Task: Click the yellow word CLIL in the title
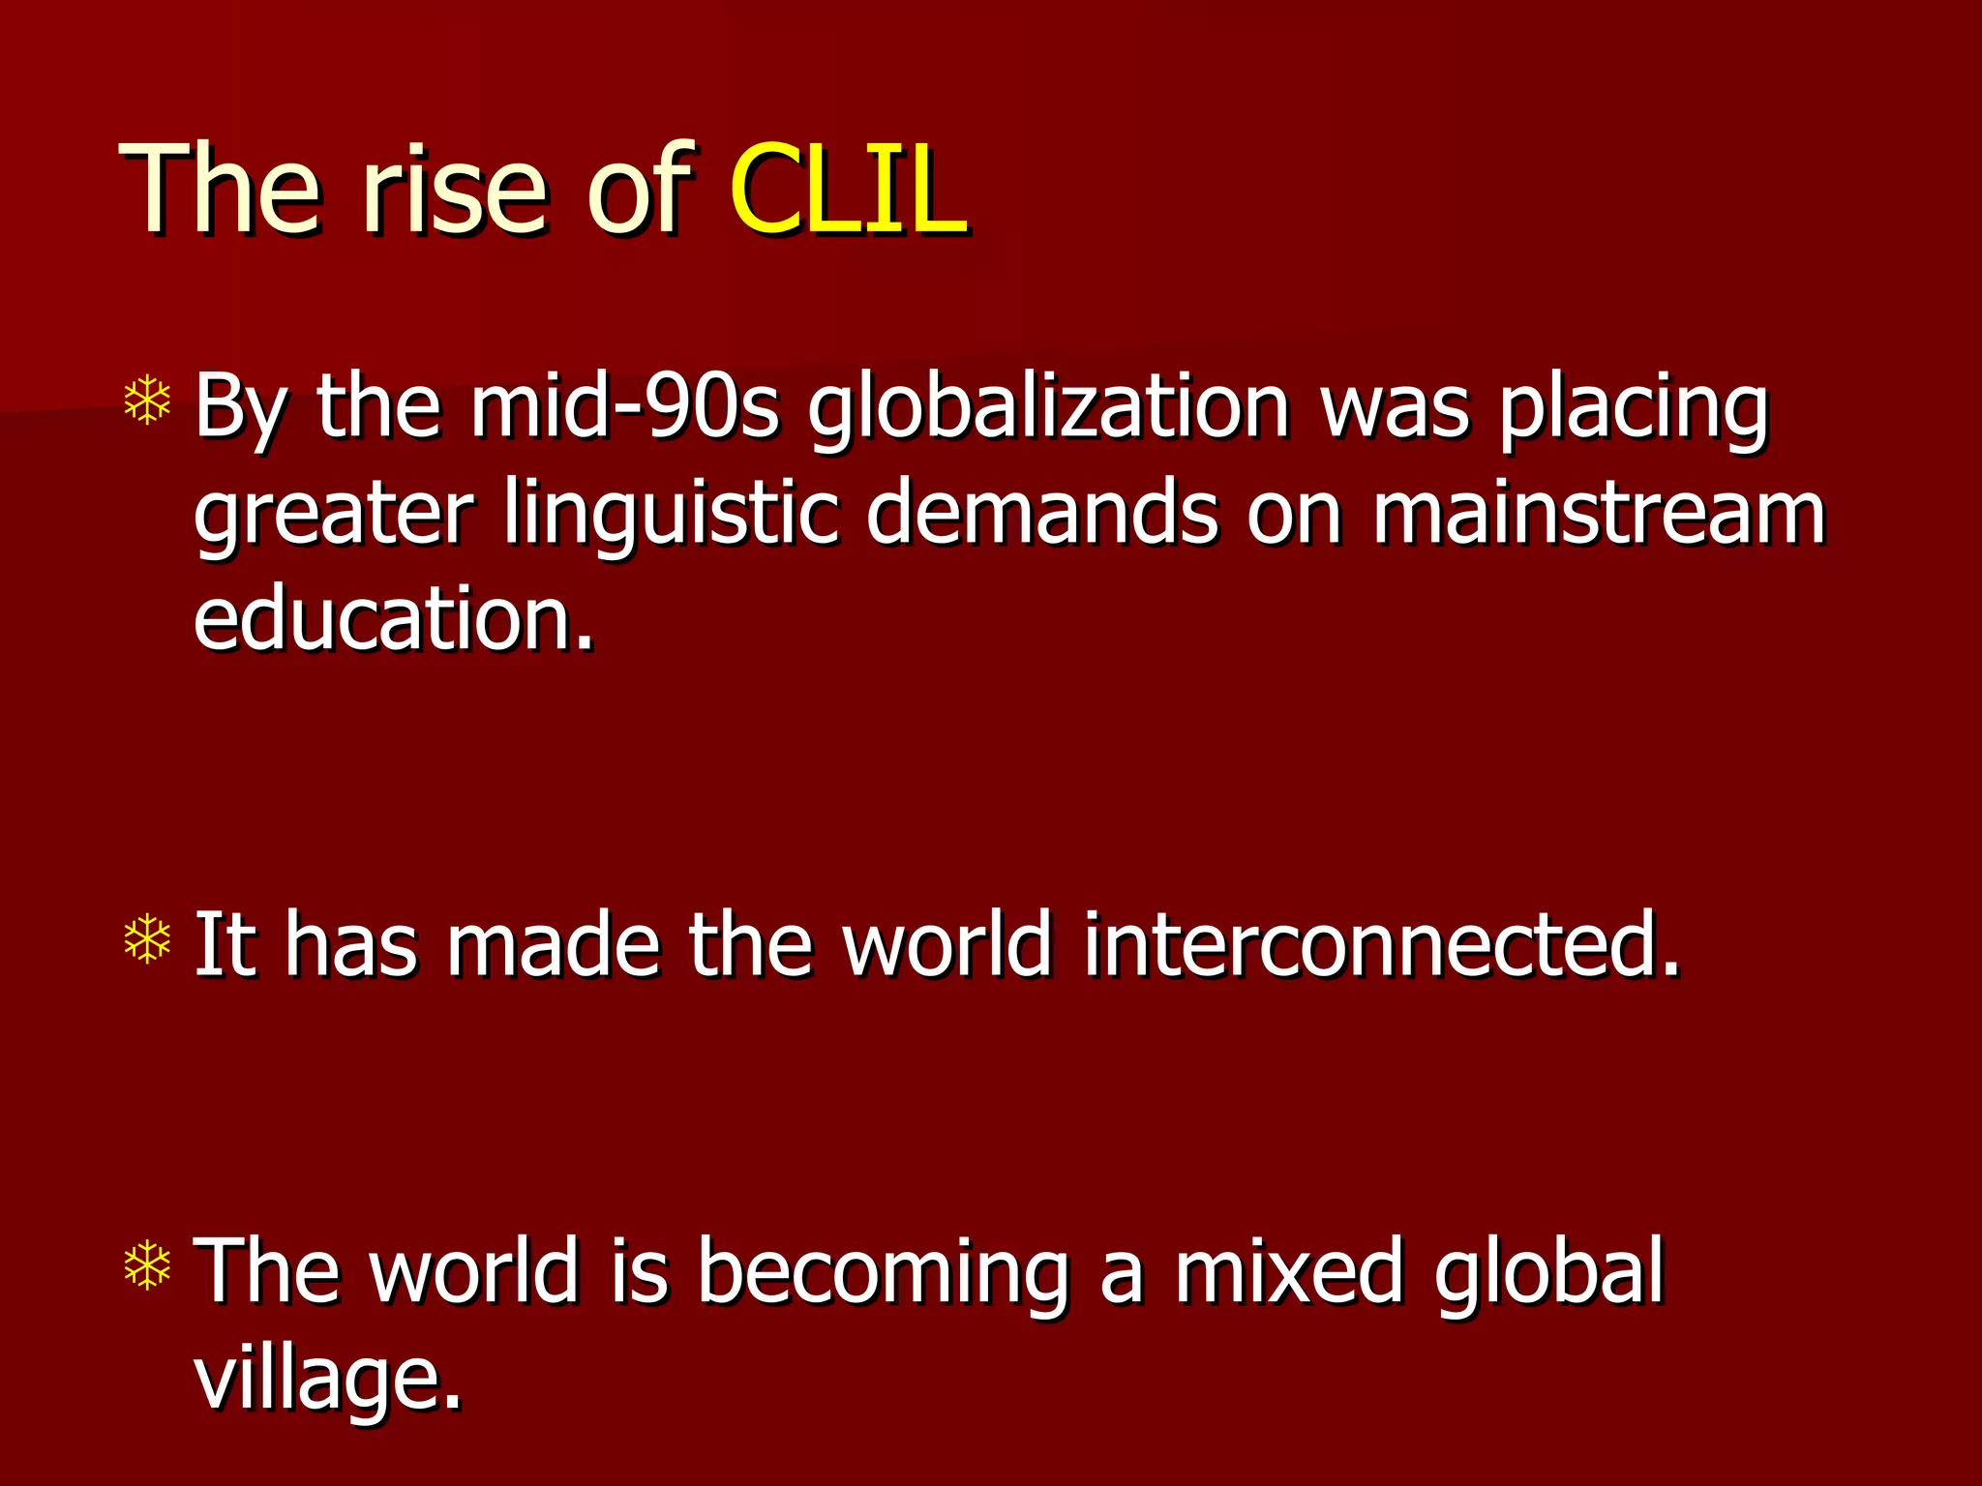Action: (848, 189)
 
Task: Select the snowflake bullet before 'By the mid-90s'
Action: (148, 402)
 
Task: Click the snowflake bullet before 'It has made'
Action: (148, 938)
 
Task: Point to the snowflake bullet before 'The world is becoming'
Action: (148, 1265)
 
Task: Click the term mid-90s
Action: (625, 406)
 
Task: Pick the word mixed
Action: (1288, 1269)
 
